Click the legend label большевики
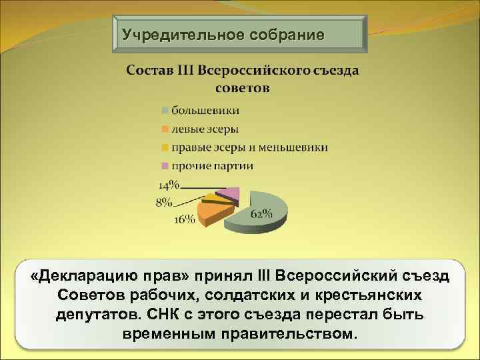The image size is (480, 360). pyautogui.click(x=205, y=109)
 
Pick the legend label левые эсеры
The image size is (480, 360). pyautogui.click(x=205, y=128)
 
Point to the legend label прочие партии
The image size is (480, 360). pyautogui.click(x=212, y=165)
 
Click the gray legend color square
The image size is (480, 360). pyautogui.click(x=164, y=109)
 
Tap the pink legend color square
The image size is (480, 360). pyautogui.click(x=164, y=166)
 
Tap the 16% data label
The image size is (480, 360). pyautogui.click(x=184, y=219)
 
